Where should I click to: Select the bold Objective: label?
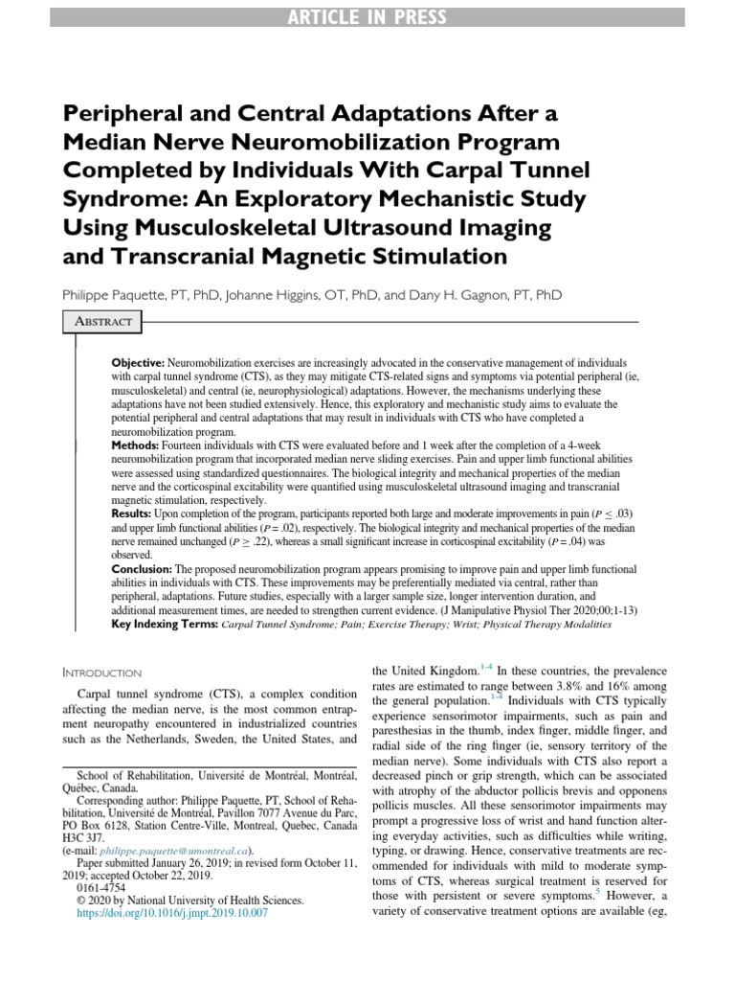tap(139, 365)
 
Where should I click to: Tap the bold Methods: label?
tap(140, 445)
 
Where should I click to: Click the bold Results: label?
tap(138, 514)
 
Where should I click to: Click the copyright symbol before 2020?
tap(80, 901)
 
